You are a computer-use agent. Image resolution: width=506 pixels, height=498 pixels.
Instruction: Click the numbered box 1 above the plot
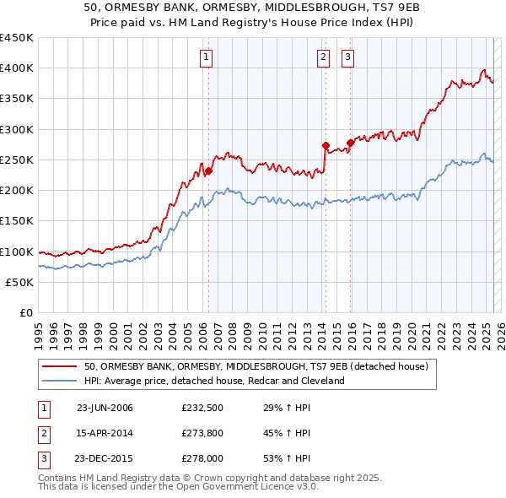coord(207,57)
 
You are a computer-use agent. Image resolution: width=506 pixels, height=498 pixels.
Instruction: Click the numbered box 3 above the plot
coord(348,57)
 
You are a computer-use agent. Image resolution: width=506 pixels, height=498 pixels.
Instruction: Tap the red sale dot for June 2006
coord(208,171)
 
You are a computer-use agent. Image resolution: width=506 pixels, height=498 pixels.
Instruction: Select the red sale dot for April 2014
coord(326,145)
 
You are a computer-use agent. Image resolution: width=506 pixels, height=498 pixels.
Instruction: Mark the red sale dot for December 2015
coord(350,143)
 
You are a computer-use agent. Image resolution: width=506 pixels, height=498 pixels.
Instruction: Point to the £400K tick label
coord(16,68)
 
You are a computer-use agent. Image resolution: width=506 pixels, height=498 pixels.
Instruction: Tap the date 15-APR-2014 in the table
coord(105,434)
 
